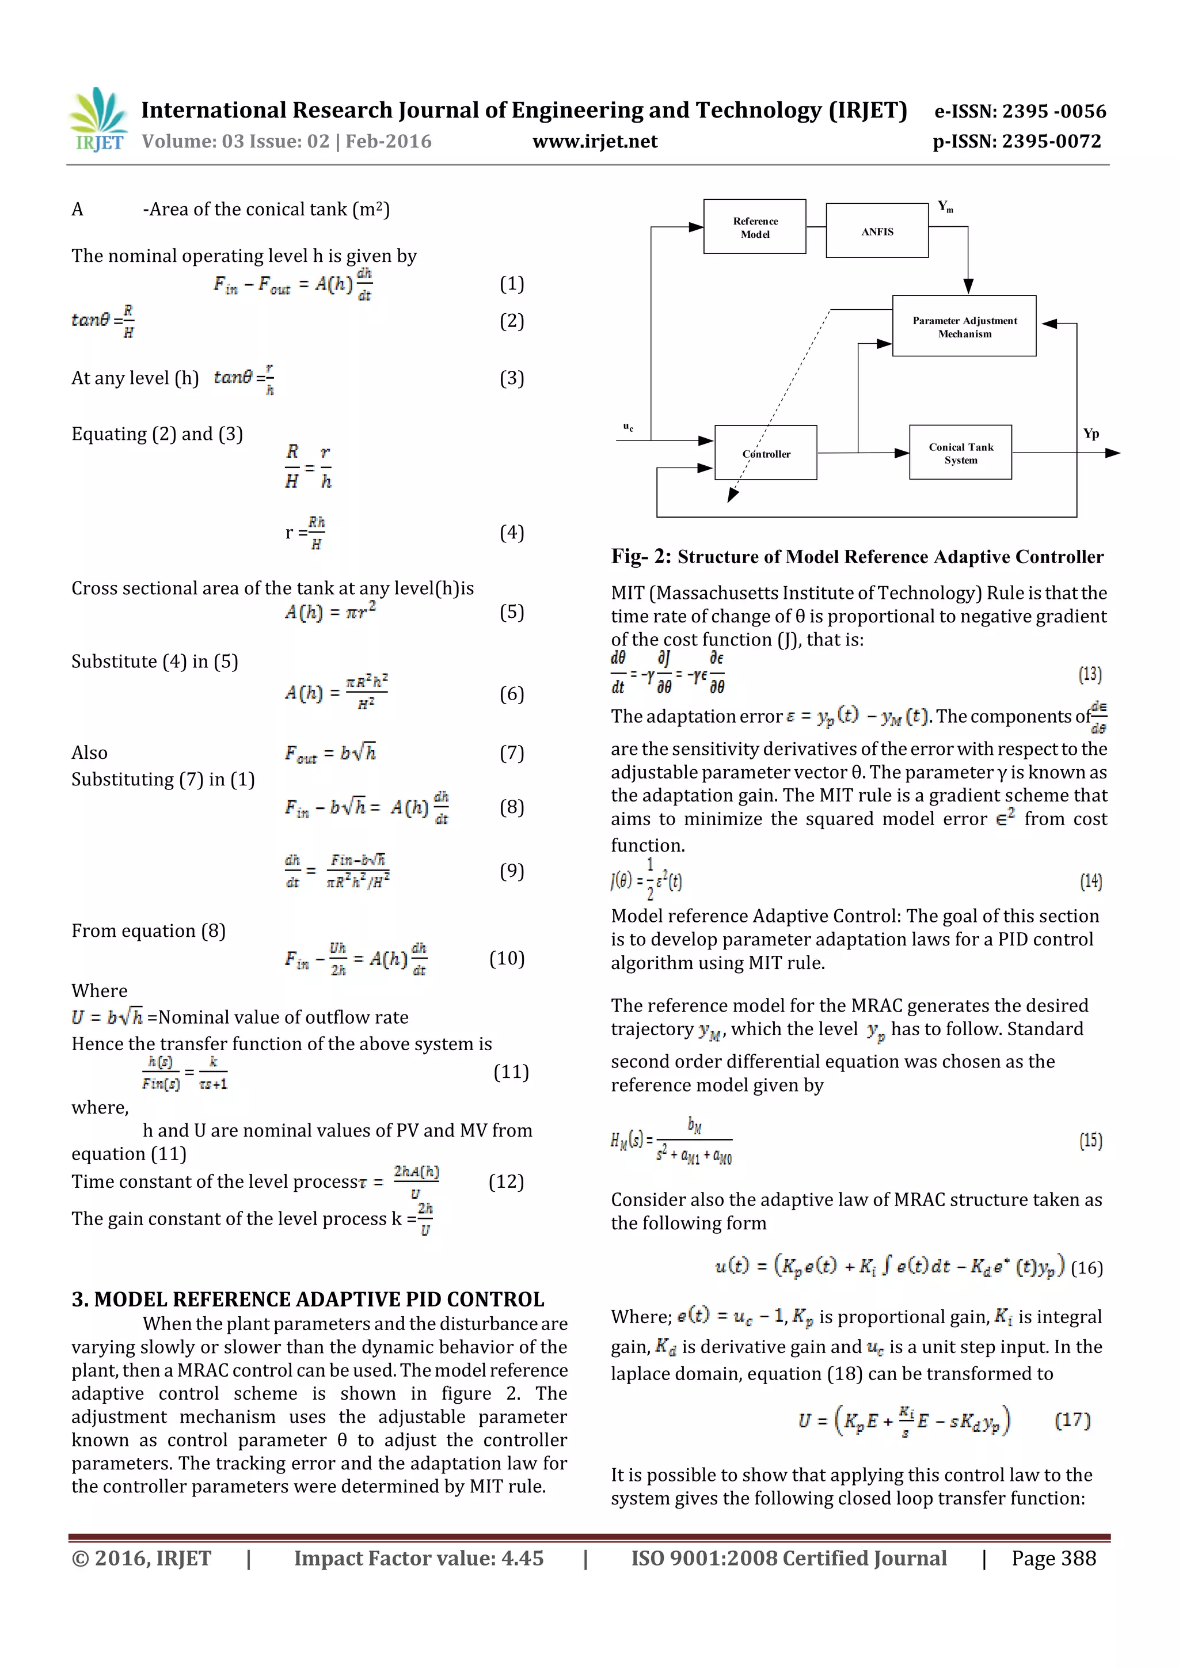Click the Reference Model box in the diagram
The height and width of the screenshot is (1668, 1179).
coord(754,227)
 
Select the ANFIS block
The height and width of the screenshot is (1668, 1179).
coord(877,231)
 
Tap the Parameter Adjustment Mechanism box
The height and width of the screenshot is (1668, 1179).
coord(964,326)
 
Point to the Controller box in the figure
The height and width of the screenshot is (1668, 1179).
coord(766,453)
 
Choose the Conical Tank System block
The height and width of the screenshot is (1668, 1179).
coord(960,453)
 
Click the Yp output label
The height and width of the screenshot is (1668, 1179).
coord(1090,434)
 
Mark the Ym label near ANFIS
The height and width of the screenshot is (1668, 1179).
coord(945,207)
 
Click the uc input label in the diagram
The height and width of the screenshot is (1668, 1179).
coord(627,427)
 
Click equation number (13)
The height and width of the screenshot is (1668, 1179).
coord(1090,674)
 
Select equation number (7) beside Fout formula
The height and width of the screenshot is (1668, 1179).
coord(511,753)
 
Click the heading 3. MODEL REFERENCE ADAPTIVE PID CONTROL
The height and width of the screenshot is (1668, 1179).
coord(308,1299)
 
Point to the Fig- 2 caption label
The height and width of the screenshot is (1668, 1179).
coord(641,557)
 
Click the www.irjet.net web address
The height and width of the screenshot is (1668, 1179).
coord(595,142)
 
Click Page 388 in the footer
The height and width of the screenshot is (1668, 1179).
coord(1054,1557)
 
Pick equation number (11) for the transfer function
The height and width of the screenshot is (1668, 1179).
coord(511,1072)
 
